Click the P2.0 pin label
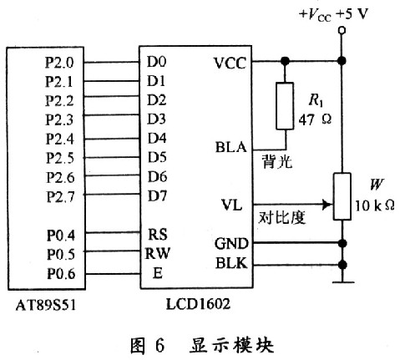click(59, 63)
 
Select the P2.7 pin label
click(61, 197)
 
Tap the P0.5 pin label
click(61, 255)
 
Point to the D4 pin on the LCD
click(157, 138)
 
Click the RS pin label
click(158, 235)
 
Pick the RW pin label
click(158, 253)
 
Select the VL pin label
click(231, 205)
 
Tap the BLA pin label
click(231, 147)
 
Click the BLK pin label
click(231, 263)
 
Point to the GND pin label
click(231, 244)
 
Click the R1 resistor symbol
click(285, 106)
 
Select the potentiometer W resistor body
click(342, 196)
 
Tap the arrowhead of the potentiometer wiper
click(327, 205)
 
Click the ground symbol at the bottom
click(342, 282)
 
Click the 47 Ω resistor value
click(315, 119)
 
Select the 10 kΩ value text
click(375, 206)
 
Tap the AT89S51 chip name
click(46, 305)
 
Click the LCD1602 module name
click(198, 304)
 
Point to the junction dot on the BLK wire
click(342, 265)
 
